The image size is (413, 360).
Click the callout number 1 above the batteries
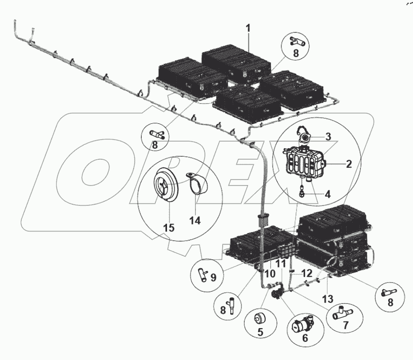(x=248, y=28)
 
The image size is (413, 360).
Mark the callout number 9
(x=214, y=277)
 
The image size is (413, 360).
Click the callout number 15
(x=169, y=228)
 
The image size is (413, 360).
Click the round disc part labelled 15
(x=166, y=185)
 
